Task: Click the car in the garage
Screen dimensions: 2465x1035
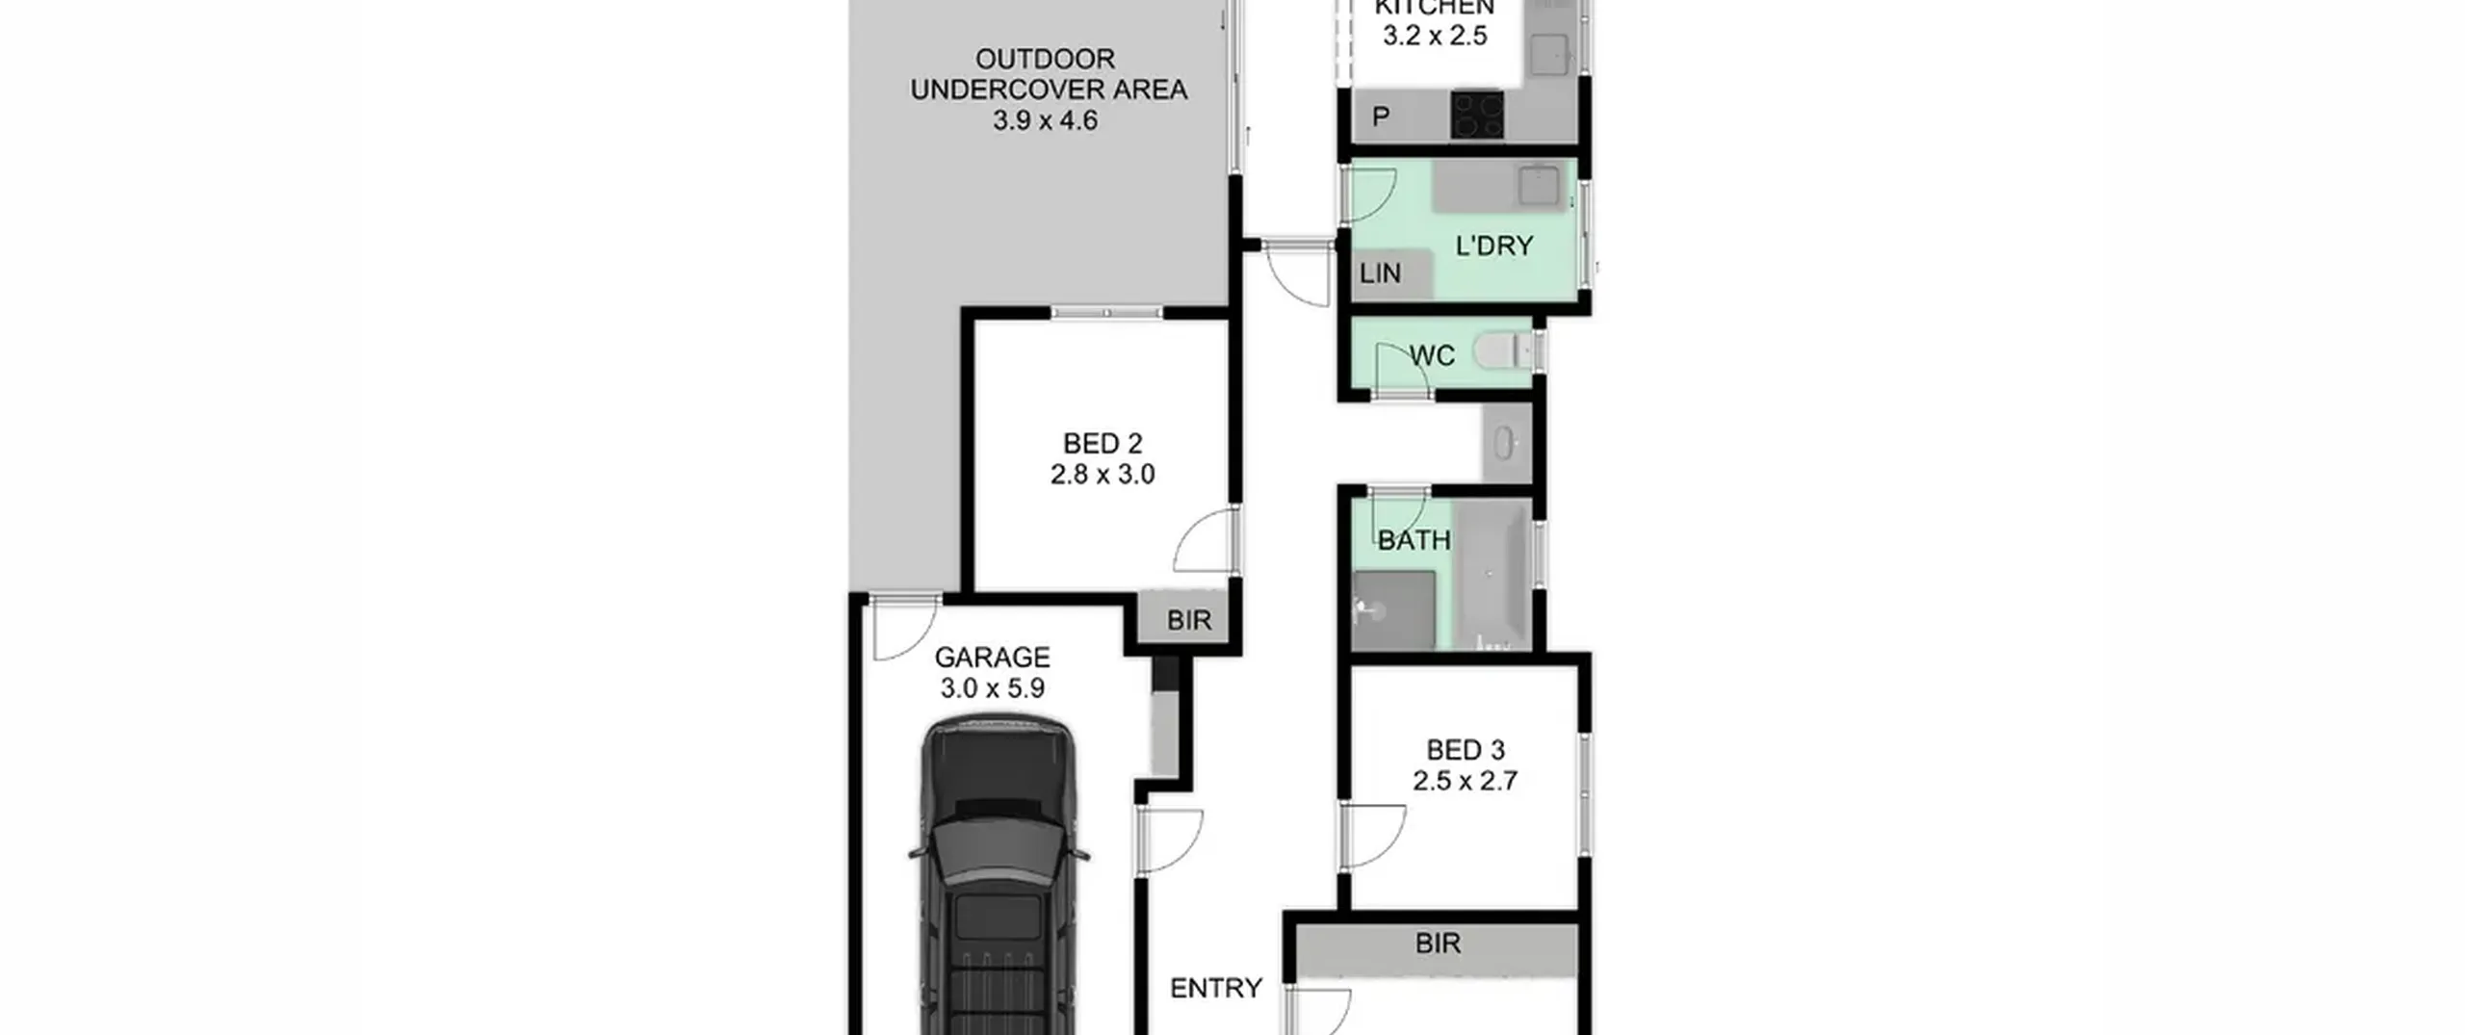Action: click(999, 876)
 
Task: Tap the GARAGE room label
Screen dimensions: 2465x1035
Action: click(992, 658)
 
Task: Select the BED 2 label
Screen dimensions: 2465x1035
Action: click(1103, 444)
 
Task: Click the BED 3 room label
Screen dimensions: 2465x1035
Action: click(1465, 750)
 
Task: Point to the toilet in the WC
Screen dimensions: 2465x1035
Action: click(1501, 351)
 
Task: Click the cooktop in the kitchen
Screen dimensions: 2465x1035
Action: click(1477, 116)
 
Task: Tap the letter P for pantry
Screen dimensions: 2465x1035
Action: click(1381, 117)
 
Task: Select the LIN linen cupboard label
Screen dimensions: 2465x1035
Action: click(1380, 273)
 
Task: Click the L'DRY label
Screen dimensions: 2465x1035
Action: click(1493, 246)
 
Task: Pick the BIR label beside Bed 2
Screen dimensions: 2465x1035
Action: click(1189, 620)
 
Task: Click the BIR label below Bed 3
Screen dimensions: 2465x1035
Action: click(1438, 944)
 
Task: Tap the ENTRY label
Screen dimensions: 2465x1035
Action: click(1215, 989)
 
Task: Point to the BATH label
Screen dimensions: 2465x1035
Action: click(1414, 540)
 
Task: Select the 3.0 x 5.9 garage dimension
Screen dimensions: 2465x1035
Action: click(992, 688)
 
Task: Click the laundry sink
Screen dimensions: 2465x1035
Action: click(1538, 186)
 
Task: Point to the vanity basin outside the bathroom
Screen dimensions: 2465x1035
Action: click(1504, 444)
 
